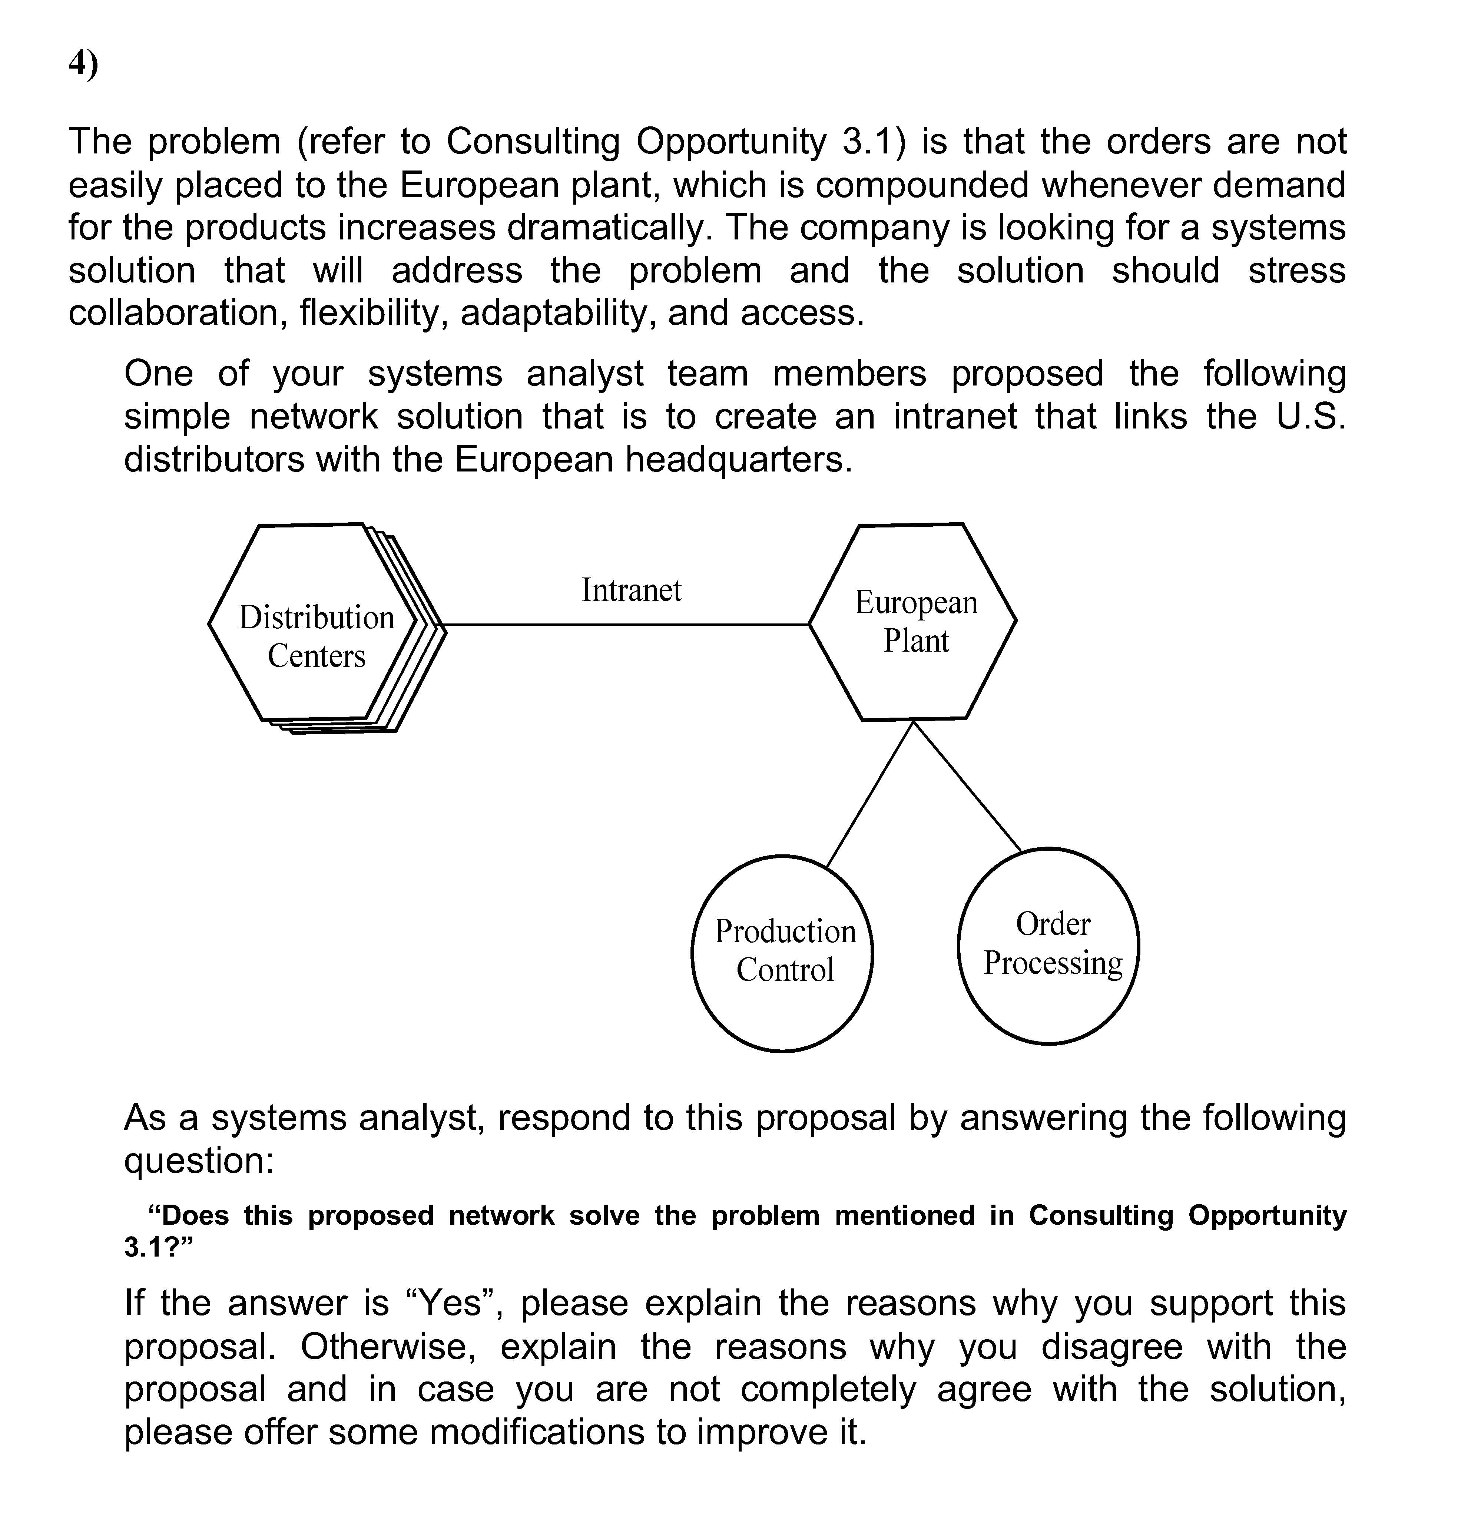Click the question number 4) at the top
[x=83, y=64]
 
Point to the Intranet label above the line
[x=631, y=590]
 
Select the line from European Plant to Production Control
[x=870, y=793]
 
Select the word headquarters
[x=738, y=459]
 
